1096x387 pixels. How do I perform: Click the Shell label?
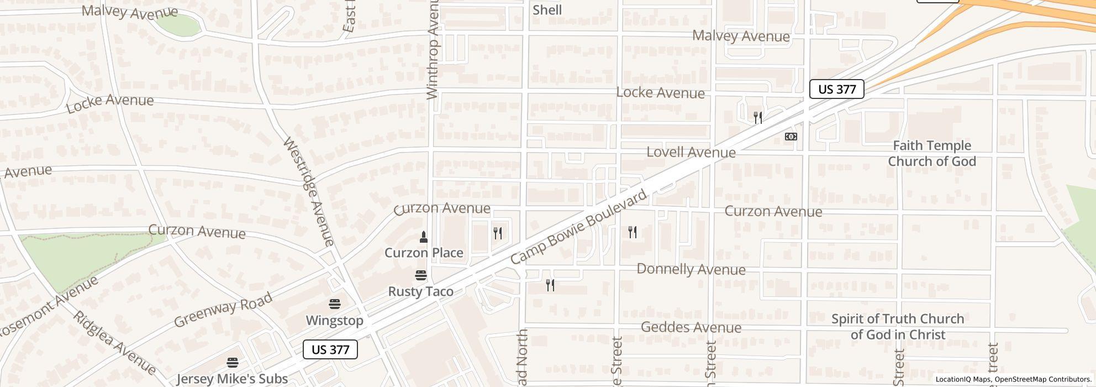click(x=547, y=10)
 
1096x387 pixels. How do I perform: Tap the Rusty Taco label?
click(x=420, y=291)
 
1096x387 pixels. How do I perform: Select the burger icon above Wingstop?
click(x=334, y=304)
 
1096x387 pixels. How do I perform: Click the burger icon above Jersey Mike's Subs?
click(x=233, y=363)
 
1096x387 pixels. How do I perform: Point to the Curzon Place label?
click(x=424, y=253)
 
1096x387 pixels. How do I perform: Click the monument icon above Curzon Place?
click(x=424, y=237)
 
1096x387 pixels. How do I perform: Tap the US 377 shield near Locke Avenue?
click(x=836, y=89)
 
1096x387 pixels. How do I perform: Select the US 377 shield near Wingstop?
click(x=330, y=349)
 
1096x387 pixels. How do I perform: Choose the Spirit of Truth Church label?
click(x=898, y=327)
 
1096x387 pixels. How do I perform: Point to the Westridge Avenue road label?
click(x=309, y=191)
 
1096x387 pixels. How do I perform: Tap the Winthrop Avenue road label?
click(x=433, y=50)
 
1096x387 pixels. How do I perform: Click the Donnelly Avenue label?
click(x=691, y=269)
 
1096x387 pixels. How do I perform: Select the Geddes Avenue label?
click(x=691, y=327)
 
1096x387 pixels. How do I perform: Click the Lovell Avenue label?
click(x=691, y=152)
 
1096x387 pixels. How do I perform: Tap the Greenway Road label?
click(x=223, y=310)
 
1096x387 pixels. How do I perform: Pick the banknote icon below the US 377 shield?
click(x=791, y=137)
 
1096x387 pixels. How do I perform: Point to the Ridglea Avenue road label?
click(x=114, y=342)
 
